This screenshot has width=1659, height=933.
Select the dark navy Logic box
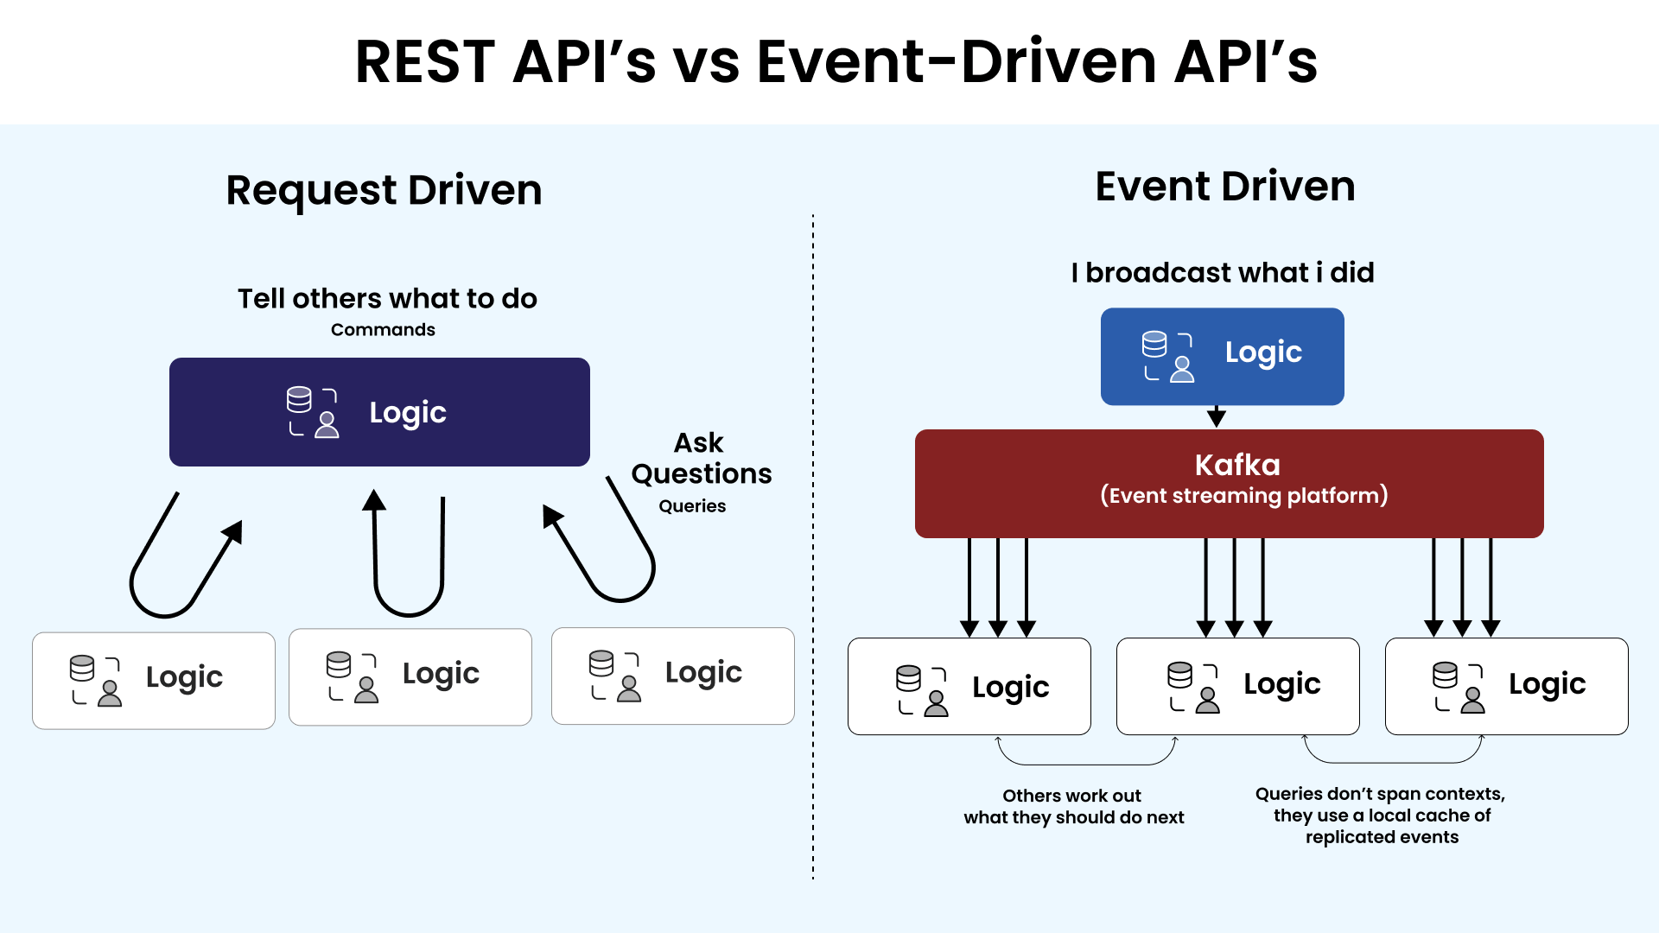coord(379,412)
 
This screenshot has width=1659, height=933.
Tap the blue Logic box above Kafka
coord(1222,356)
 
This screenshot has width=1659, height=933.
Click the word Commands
coord(383,330)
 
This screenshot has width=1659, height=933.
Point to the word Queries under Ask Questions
coord(692,506)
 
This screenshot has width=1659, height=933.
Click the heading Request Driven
coord(384,190)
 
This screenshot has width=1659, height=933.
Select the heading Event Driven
coord(1224,187)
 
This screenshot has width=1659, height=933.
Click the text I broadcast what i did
coord(1222,273)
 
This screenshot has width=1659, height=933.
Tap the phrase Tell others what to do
coord(387,299)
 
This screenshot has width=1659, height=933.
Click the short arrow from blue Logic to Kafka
coord(1217,417)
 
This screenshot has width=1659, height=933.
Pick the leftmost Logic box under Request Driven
coord(154,681)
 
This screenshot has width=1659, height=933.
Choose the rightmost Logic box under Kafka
coord(1506,687)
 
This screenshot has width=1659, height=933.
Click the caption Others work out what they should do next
coord(1073,806)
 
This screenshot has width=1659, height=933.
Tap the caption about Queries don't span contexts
coord(1381,815)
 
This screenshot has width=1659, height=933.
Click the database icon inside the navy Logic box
coord(299,400)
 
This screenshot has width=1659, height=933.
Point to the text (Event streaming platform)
coord(1243,496)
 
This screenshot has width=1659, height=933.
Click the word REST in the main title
coord(424,62)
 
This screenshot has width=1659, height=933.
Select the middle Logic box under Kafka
coord(1237,687)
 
